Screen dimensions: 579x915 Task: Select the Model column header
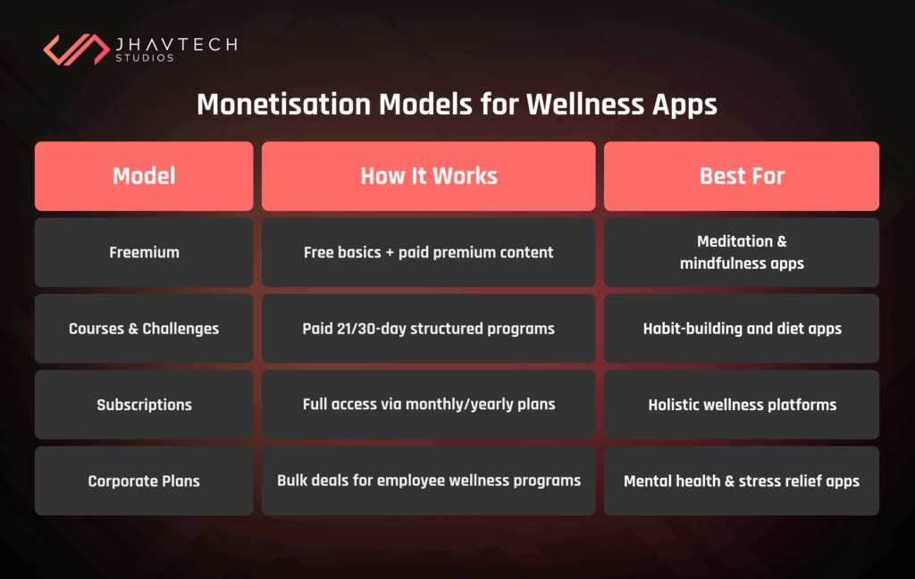144,176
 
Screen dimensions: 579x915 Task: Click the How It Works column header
428,176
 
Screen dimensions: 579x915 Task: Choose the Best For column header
742,176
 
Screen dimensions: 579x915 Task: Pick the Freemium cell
144,252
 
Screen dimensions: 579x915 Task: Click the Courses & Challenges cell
144,329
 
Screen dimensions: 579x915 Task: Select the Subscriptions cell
144,405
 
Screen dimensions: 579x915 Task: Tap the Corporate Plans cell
144,481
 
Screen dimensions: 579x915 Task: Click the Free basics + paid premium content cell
428,252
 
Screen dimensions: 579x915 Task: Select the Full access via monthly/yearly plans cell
428,405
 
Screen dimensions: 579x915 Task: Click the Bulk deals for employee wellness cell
428,481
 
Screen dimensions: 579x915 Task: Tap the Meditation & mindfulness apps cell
742,252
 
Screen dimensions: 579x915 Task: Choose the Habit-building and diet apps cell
742,329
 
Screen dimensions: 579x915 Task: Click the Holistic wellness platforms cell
742,405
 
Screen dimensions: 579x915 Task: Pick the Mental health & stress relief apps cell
742,481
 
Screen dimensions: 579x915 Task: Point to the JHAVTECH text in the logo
175,44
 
